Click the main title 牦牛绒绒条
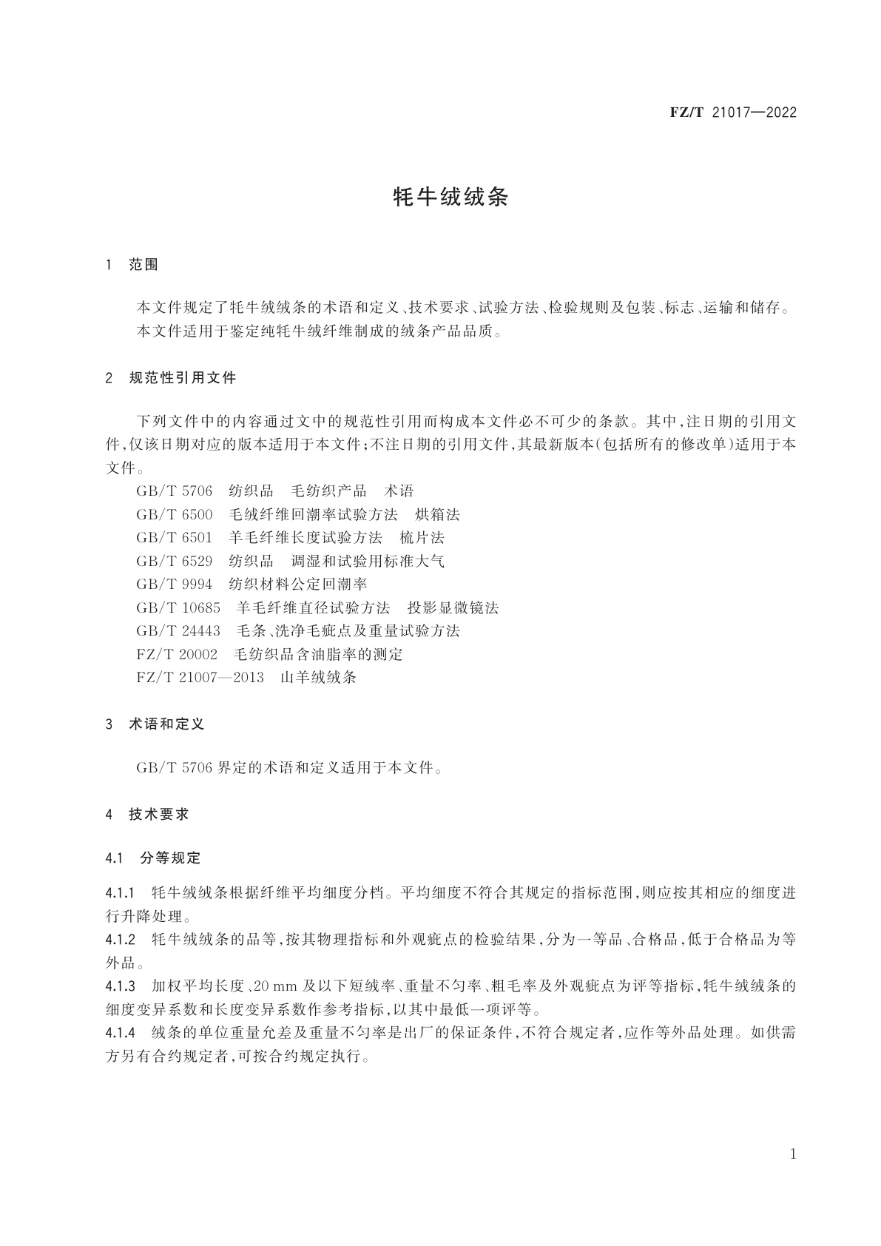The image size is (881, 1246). (450, 197)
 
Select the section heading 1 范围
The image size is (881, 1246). (132, 264)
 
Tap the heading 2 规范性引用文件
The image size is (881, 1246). (171, 378)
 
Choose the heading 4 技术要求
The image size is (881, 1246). (147, 814)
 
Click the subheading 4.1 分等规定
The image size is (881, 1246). (153, 858)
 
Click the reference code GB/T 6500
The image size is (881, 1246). (174, 514)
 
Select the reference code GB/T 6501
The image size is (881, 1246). (174, 537)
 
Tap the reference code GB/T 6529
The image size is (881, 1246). (174, 561)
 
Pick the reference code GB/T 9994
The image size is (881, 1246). (174, 585)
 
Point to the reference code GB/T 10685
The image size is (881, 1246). (178, 607)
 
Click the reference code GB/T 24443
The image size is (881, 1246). (178, 631)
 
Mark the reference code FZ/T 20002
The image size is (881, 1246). (177, 654)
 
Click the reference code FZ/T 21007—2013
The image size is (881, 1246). (200, 677)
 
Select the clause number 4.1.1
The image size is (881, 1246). (121, 892)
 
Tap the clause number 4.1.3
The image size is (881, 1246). (121, 986)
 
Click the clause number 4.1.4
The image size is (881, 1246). (121, 1033)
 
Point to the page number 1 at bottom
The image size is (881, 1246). (793, 1154)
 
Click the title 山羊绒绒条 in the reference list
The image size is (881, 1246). (318, 677)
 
